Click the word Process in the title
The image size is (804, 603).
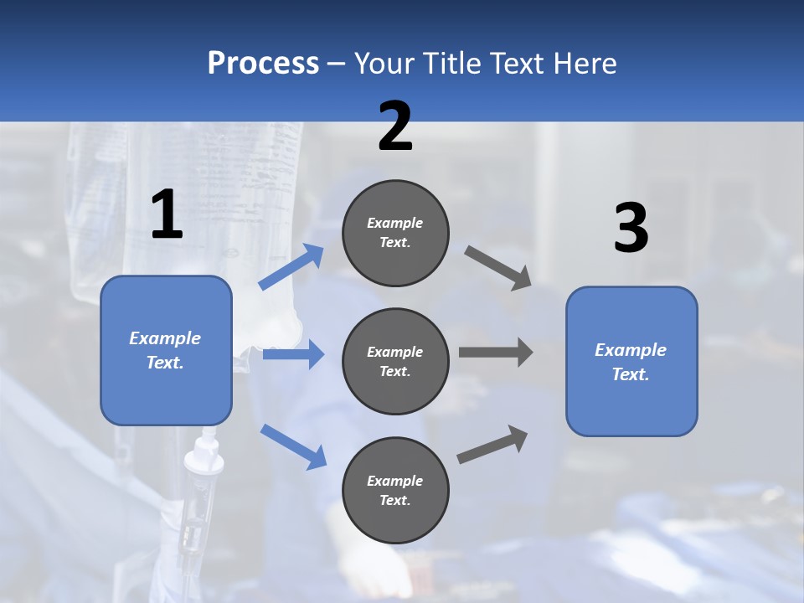click(x=263, y=63)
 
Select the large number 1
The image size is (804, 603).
click(x=167, y=215)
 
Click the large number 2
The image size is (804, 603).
click(x=395, y=126)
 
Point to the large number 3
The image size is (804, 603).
click(x=631, y=229)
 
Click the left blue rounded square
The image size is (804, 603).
click(x=166, y=350)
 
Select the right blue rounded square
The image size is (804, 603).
click(x=631, y=362)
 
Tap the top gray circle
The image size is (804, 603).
click(x=395, y=233)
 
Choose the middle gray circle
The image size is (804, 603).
click(x=395, y=362)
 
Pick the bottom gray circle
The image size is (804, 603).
click(x=395, y=491)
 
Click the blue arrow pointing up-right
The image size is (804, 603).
click(x=291, y=267)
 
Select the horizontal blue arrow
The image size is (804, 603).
click(x=293, y=354)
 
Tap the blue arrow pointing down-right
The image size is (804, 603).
click(x=293, y=446)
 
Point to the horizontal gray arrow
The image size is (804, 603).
click(x=495, y=352)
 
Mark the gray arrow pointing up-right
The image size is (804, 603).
click(x=492, y=444)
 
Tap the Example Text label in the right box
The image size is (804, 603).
click(x=631, y=362)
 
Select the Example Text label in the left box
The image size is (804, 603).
click(x=165, y=350)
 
